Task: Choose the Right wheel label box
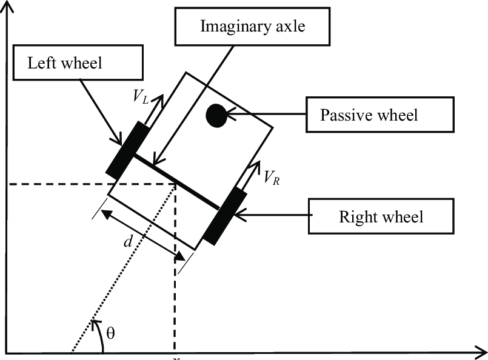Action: pyautogui.click(x=381, y=215)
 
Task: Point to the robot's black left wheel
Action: pyautogui.click(x=127, y=148)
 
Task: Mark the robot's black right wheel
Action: pyautogui.click(x=225, y=216)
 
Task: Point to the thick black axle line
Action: pyautogui.click(x=175, y=180)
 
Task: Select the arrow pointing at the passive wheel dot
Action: pyautogui.click(x=267, y=114)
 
